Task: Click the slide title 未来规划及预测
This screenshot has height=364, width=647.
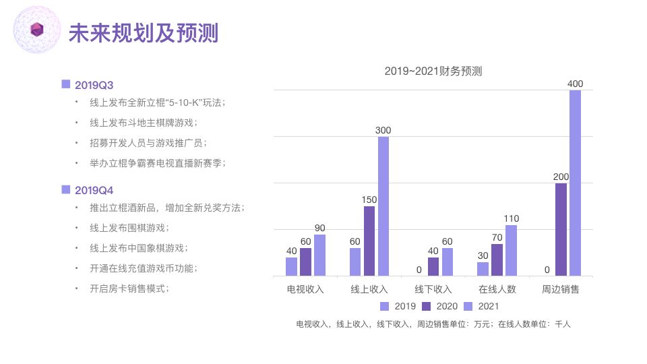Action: coord(144,32)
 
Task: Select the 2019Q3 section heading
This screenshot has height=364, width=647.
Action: coord(94,85)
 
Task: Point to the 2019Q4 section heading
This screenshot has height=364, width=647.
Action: coord(94,190)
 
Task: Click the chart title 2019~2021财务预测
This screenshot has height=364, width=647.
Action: coord(433,71)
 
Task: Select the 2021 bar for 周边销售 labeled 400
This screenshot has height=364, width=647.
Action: coord(575,183)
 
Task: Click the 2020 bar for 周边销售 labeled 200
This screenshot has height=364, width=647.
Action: coord(561,229)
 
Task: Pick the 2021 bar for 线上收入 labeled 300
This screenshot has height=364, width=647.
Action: coord(383,206)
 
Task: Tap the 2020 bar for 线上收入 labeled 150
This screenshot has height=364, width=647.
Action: coord(369,241)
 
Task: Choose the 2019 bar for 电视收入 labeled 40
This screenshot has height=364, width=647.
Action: coord(291,266)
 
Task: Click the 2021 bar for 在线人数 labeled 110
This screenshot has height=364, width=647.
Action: coord(511,250)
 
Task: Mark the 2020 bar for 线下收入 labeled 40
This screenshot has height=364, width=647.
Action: coord(433,266)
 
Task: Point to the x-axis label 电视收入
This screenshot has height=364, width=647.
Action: coord(305,289)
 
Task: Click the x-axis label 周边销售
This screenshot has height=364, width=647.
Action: coord(561,289)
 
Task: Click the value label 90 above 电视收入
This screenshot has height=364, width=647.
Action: coord(319,228)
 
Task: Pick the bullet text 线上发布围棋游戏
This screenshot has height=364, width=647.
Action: coord(129,228)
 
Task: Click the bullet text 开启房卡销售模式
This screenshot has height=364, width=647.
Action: coord(129,289)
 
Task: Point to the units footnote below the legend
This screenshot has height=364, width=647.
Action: coord(433,324)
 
